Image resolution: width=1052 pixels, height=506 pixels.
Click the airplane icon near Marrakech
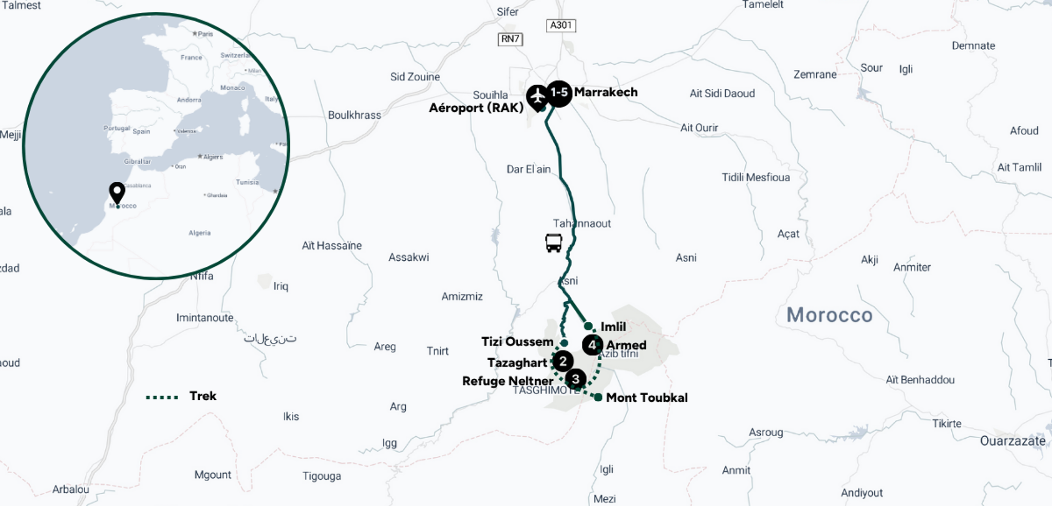(537, 96)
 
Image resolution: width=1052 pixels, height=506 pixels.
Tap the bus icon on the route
(553, 243)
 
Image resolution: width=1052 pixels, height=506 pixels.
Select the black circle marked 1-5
(559, 93)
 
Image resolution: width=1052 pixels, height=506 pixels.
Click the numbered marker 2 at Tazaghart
(563, 361)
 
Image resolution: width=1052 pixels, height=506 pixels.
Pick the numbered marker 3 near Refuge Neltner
(575, 379)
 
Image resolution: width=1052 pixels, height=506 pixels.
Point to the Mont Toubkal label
(646, 398)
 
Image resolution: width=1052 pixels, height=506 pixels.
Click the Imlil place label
(613, 327)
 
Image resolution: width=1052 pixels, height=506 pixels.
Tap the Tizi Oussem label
(517, 342)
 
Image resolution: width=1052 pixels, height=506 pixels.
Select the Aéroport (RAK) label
(476, 108)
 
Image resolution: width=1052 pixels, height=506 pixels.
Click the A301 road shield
(560, 25)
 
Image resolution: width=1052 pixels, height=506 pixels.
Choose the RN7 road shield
(510, 39)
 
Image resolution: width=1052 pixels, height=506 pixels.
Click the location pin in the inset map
(117, 192)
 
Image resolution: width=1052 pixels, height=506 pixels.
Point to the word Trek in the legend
(203, 396)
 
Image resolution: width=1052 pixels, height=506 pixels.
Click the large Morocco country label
(829, 315)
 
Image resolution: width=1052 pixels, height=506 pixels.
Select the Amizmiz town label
(462, 297)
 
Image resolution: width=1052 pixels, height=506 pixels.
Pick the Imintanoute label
(204, 318)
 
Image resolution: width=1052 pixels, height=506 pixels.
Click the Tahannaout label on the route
(581, 224)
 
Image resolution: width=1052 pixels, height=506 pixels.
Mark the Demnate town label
(973, 46)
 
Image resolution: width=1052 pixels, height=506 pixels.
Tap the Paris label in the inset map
(205, 34)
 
